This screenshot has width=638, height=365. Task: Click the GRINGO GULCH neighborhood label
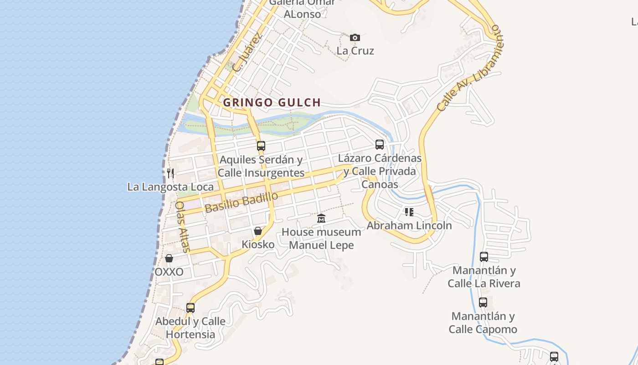coord(272,103)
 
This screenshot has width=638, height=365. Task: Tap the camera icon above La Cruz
coord(355,37)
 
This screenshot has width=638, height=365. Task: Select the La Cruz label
coord(355,51)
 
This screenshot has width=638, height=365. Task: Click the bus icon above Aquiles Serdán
coord(261,146)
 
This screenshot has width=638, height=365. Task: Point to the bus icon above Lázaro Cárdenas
coord(380,145)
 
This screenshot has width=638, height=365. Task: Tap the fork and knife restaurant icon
coord(170,173)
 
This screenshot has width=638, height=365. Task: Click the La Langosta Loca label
coord(170,187)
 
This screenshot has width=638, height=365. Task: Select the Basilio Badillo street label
coord(241,203)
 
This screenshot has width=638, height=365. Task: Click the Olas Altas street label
coord(182,227)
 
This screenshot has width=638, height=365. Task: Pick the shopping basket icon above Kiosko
coord(258,231)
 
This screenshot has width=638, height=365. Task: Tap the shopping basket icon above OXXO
coord(169,258)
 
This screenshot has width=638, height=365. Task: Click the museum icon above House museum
coord(321,219)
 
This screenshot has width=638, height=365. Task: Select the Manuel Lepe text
coord(321,245)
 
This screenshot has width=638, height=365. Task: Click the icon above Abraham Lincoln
coord(409,212)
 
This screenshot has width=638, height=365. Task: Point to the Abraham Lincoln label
coord(409,225)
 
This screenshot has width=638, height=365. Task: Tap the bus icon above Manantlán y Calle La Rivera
coord(484,257)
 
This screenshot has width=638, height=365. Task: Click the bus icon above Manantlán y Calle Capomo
coord(483,302)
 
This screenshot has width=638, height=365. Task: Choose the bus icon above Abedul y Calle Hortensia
coord(190,308)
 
